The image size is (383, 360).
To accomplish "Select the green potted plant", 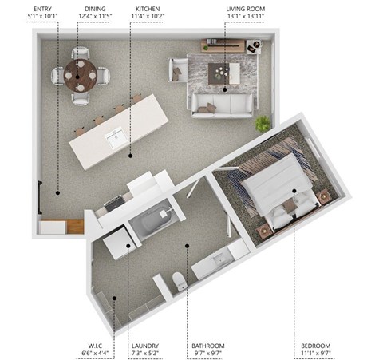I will click(x=263, y=123).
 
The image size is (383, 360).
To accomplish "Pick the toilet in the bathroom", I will click(x=180, y=281).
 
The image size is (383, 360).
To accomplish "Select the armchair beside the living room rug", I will click(x=177, y=72).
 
